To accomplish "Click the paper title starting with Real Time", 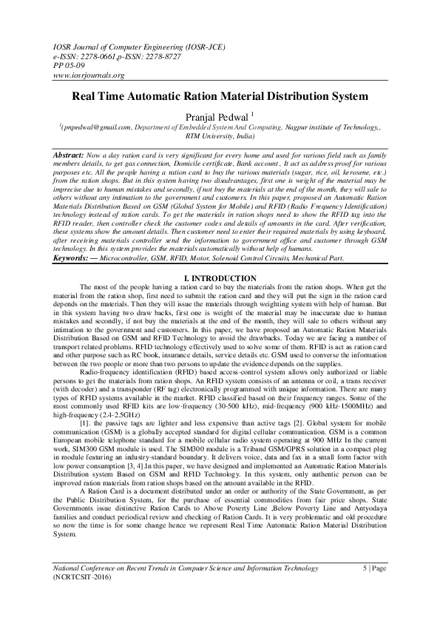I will (219, 95).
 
